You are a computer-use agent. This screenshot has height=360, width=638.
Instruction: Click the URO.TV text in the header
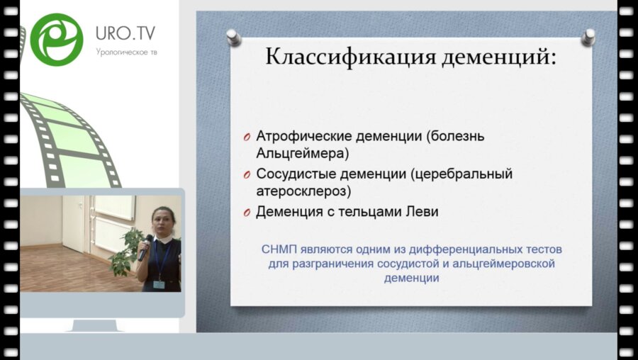pyautogui.click(x=125, y=33)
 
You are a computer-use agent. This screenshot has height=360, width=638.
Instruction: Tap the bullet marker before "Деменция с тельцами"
pyautogui.click(x=245, y=213)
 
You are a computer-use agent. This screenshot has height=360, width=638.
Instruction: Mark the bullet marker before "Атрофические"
pyautogui.click(x=245, y=137)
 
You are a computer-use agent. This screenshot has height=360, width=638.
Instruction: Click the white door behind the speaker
pyautogui.click(x=74, y=223)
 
